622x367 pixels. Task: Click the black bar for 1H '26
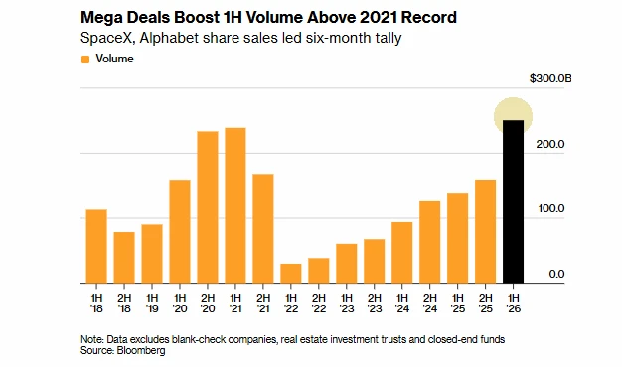(x=513, y=201)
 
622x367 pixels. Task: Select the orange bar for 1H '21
(x=235, y=205)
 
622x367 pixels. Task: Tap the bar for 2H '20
(x=208, y=207)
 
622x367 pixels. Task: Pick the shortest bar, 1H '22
(x=291, y=274)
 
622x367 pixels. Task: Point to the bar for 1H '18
(x=96, y=246)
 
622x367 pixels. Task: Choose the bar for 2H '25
(x=485, y=231)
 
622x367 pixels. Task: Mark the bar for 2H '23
(x=374, y=261)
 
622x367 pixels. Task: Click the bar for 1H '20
(x=180, y=231)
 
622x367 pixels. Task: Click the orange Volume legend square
(x=85, y=60)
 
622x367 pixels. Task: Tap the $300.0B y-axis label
(x=550, y=78)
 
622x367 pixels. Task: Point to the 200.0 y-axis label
(x=550, y=144)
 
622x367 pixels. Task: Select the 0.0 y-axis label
(x=556, y=274)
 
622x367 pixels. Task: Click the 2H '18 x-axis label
(x=124, y=303)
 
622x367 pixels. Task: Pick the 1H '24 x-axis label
(x=401, y=303)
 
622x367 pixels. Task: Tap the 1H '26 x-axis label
(x=513, y=303)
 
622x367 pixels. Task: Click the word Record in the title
(x=429, y=18)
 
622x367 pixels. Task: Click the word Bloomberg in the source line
(x=141, y=350)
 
